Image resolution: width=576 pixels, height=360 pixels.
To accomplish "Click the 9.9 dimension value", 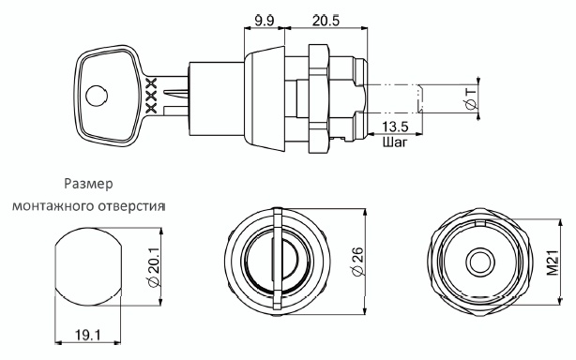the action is (x=265, y=21).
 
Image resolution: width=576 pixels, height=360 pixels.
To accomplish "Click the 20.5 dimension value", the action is (x=326, y=21).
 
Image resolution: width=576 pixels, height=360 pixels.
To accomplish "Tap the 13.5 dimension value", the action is (x=395, y=127).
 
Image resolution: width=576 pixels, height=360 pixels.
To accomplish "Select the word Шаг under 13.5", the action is (x=395, y=142).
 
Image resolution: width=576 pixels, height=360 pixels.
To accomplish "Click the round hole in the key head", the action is (x=97, y=97).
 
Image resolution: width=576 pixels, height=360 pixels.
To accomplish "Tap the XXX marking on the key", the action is (x=151, y=96).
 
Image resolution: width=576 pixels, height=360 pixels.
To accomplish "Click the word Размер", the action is (x=88, y=184).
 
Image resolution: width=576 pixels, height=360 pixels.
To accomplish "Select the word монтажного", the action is (x=53, y=206).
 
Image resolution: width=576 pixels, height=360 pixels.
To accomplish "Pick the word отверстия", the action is (x=131, y=206).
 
